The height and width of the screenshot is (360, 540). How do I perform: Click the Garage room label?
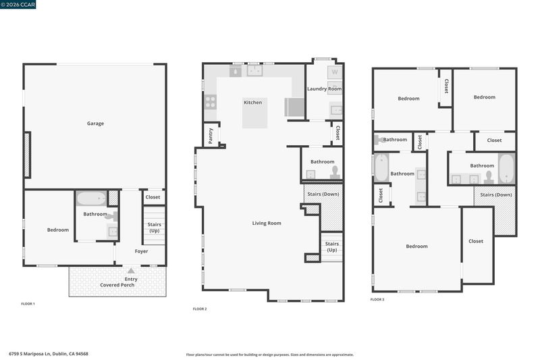point(95,124)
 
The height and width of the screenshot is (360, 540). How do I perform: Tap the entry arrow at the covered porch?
point(131,271)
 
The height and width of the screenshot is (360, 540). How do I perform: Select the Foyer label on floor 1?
point(141,251)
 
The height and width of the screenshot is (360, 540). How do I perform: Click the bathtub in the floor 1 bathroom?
point(91,199)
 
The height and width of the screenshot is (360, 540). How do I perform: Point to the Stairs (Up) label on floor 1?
point(155,228)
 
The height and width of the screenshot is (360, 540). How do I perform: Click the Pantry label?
point(211,136)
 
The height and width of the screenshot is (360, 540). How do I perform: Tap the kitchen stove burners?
point(211,102)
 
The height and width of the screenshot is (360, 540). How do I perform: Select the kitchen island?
point(255,113)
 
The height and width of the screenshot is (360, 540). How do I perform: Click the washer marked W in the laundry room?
point(335,72)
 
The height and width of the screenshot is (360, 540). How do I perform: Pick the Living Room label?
point(267,224)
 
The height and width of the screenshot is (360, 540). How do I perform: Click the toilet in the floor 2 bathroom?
point(335,172)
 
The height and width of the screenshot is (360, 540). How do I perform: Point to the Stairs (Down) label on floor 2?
point(323,195)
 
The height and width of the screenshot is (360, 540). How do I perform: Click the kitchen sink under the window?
point(254,71)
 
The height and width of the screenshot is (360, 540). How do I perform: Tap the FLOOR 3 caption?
point(377,299)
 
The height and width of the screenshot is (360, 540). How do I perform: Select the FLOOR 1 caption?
point(28,304)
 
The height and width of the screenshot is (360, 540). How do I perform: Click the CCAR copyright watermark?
point(18,5)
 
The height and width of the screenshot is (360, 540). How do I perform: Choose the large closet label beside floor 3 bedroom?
point(476,241)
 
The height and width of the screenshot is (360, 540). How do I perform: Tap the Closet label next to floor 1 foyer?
point(153,197)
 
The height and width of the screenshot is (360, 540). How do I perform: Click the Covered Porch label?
point(117,285)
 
